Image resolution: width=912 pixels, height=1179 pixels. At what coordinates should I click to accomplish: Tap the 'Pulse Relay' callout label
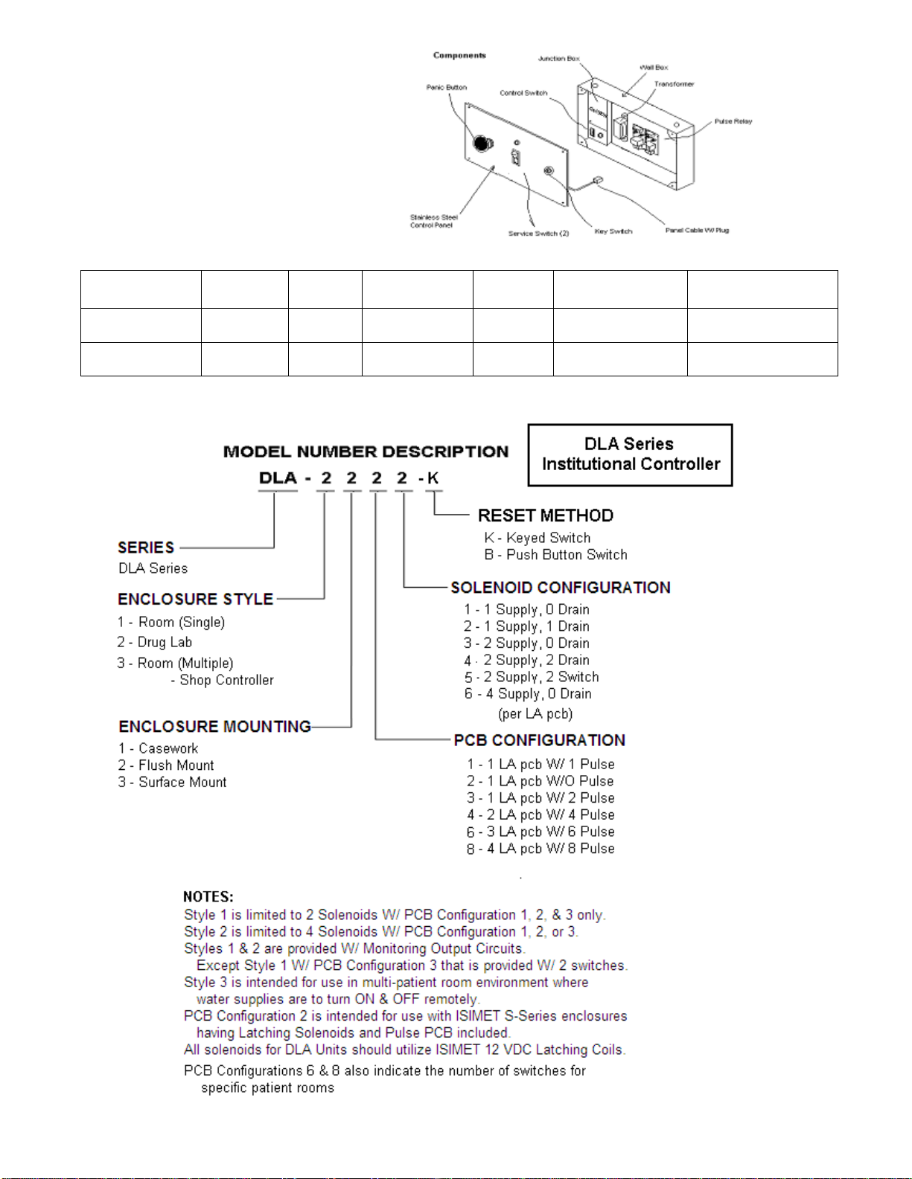733,121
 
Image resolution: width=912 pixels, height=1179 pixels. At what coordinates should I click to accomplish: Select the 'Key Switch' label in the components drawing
613,231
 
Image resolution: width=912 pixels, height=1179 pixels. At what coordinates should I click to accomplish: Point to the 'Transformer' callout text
674,84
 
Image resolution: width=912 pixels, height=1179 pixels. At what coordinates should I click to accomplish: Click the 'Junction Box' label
558,58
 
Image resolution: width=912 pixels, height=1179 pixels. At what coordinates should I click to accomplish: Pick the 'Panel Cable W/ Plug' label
697,230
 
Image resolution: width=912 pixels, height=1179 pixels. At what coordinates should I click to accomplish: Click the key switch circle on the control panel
549,171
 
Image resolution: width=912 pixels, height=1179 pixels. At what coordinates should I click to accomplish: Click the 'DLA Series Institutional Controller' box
630,454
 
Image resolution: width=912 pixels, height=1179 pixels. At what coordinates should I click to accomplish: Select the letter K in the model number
433,478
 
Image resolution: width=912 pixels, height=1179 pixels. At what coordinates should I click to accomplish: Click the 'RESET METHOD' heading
546,515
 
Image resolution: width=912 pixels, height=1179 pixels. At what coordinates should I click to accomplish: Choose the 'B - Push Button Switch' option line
555,555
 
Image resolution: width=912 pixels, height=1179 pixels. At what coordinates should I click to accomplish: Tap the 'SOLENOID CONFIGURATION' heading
560,588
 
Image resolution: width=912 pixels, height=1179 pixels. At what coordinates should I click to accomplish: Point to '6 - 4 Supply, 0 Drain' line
528,694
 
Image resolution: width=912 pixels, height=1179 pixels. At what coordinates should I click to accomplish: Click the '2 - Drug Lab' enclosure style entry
155,642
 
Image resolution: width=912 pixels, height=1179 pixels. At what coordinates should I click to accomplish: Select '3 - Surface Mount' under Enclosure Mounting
172,783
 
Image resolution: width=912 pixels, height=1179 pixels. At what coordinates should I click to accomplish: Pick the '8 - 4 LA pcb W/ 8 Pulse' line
540,849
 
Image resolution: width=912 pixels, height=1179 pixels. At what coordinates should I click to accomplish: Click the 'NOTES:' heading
208,897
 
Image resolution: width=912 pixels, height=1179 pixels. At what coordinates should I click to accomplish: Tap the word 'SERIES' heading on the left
146,547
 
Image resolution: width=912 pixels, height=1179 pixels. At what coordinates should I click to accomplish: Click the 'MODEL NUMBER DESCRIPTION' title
366,452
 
